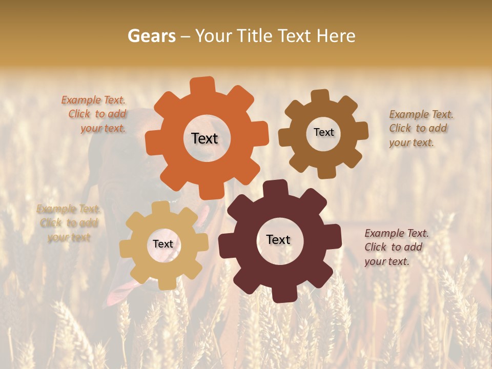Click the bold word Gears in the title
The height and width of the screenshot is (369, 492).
click(151, 36)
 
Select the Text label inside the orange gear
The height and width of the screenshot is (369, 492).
click(204, 138)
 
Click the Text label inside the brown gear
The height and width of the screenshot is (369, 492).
click(323, 132)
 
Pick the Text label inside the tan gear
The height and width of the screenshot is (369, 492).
click(163, 244)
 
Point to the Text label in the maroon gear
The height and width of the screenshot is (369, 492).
click(278, 239)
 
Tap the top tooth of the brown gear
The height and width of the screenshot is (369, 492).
click(320, 96)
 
